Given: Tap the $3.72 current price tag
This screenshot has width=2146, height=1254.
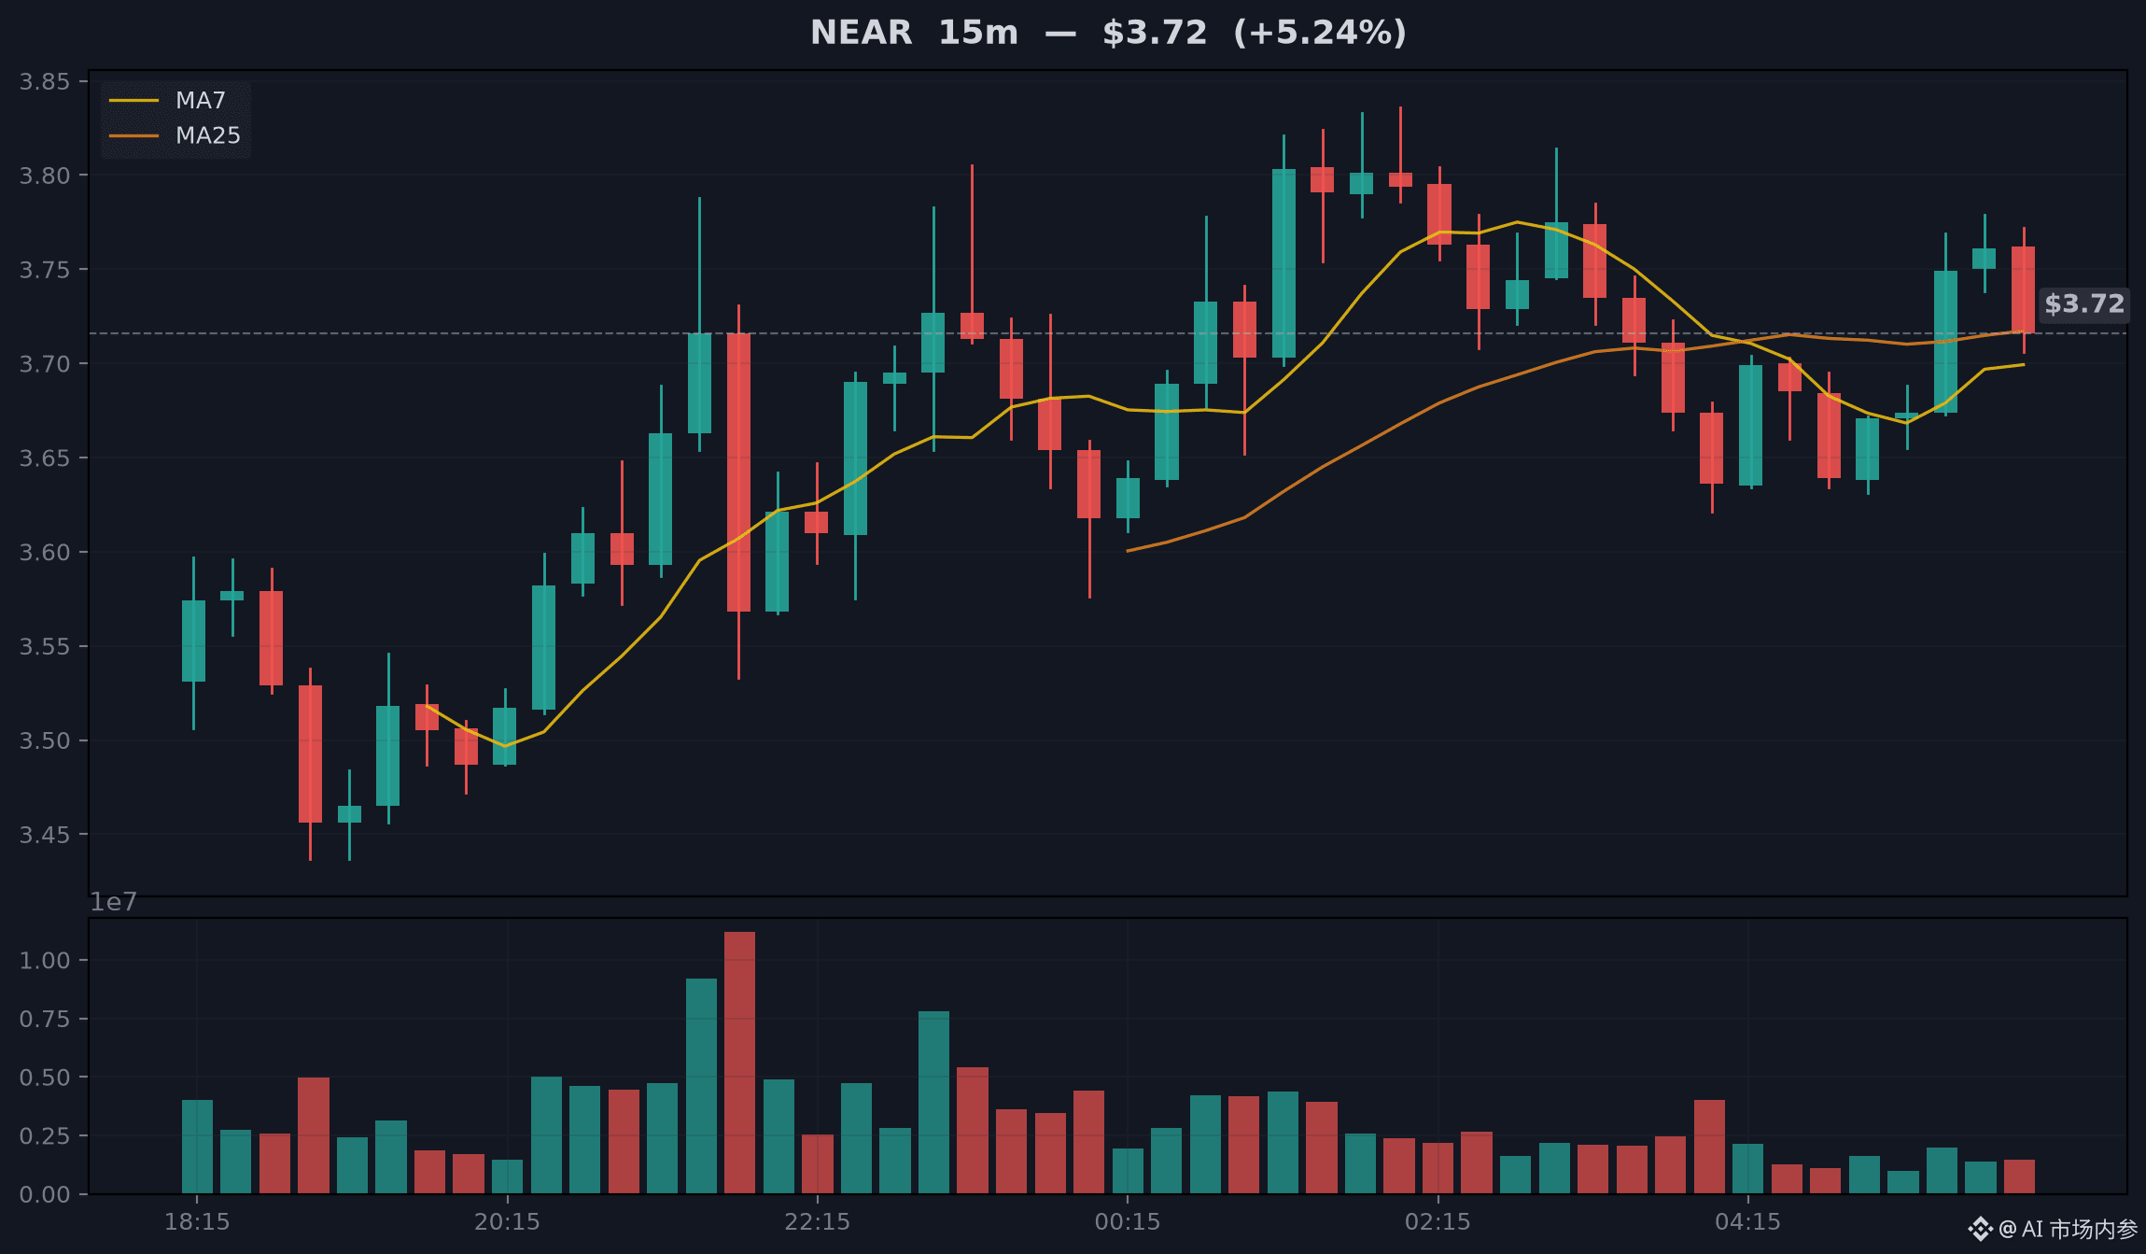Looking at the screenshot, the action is click(2083, 303).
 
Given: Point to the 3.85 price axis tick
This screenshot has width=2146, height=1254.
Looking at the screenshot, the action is click(45, 81).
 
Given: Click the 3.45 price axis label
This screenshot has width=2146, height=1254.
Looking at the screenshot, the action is click(45, 834).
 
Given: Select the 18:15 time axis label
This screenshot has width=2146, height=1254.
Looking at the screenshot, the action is click(197, 1221).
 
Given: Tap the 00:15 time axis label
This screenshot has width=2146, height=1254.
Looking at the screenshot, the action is click(1128, 1221).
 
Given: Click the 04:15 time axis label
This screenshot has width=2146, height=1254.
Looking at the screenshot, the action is click(1748, 1221).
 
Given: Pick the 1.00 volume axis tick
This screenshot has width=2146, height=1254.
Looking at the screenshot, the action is click(45, 960).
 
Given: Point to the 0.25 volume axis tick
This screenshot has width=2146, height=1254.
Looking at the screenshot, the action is click(45, 1135).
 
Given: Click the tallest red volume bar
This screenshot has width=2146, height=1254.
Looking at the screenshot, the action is click(739, 1063).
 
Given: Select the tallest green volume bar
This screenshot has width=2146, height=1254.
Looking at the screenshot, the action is click(701, 1086).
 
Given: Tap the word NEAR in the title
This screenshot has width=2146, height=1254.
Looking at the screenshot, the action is click(861, 33).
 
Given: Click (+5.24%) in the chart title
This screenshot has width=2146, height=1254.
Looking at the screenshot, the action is click(1320, 33).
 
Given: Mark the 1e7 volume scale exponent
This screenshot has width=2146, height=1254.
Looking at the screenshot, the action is click(113, 901).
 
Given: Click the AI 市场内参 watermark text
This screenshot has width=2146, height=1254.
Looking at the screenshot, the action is click(2080, 1229).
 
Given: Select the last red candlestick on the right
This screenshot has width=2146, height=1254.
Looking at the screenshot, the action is click(2023, 289).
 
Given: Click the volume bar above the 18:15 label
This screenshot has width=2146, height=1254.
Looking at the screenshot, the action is click(197, 1147).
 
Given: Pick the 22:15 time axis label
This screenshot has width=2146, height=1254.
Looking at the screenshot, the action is click(818, 1221).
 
